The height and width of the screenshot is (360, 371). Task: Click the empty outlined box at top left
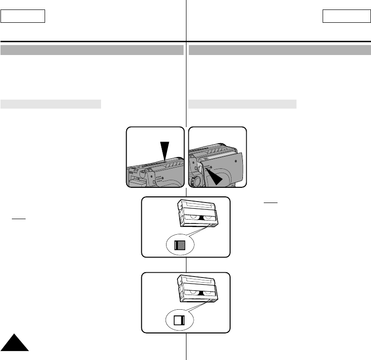23,17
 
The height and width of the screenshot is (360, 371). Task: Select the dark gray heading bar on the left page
92,50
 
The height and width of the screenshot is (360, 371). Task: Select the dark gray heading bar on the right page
279,50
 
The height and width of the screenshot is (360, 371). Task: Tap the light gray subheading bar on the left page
51,104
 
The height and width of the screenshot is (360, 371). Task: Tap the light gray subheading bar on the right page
242,104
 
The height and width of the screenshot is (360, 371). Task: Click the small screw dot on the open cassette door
236,160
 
